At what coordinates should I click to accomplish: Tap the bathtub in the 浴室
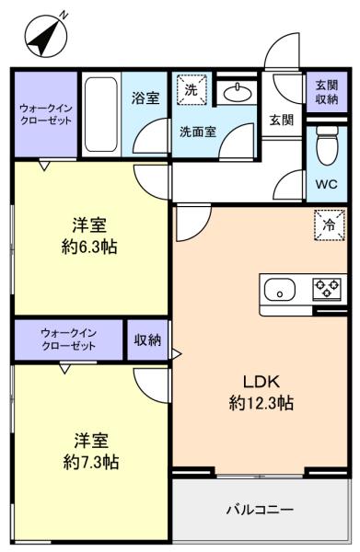coord(101,114)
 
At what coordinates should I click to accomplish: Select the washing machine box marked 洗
coord(192,90)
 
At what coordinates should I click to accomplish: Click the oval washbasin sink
coord(238,93)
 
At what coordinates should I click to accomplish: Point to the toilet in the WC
coord(327,145)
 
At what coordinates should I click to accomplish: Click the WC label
coord(326,184)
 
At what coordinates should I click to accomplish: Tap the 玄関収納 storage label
coord(327,92)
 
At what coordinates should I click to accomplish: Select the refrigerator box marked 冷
coord(330,225)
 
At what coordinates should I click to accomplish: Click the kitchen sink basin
coord(280,290)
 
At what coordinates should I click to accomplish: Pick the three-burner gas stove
coord(327,289)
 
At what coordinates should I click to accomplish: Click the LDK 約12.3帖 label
coord(261,392)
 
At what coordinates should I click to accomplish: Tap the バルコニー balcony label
coord(260,510)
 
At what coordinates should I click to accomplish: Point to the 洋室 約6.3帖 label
coord(89,236)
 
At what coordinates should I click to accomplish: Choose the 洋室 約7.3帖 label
coord(91,452)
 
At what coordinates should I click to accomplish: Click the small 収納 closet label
coord(147,339)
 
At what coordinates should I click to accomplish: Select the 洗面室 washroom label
coord(198,132)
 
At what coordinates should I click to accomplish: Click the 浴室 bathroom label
coord(145,98)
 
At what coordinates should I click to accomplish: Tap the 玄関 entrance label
coord(282,120)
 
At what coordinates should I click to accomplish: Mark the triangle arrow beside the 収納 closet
coord(176,353)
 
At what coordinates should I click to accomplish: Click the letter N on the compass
coord(64,15)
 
